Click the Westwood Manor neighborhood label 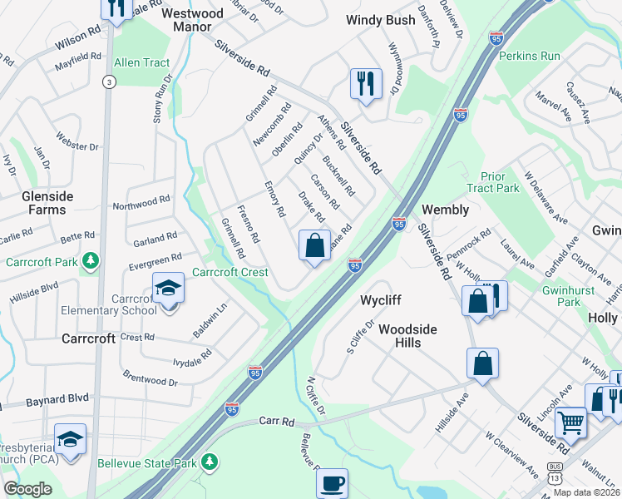tap(192, 20)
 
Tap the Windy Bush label tap(380, 20)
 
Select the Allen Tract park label tap(141, 62)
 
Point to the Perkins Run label tap(529, 56)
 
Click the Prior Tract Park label tap(499, 183)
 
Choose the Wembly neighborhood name tap(446, 210)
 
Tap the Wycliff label tap(382, 299)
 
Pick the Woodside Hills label tap(407, 336)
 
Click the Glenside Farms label tap(47, 203)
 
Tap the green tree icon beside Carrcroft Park tap(90, 263)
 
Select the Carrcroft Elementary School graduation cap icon tap(169, 289)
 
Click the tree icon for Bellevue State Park tap(210, 462)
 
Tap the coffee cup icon tap(333, 483)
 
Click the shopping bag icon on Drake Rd tap(314, 246)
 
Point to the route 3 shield tap(108, 82)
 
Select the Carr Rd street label tap(276, 422)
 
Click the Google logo tap(27, 489)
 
